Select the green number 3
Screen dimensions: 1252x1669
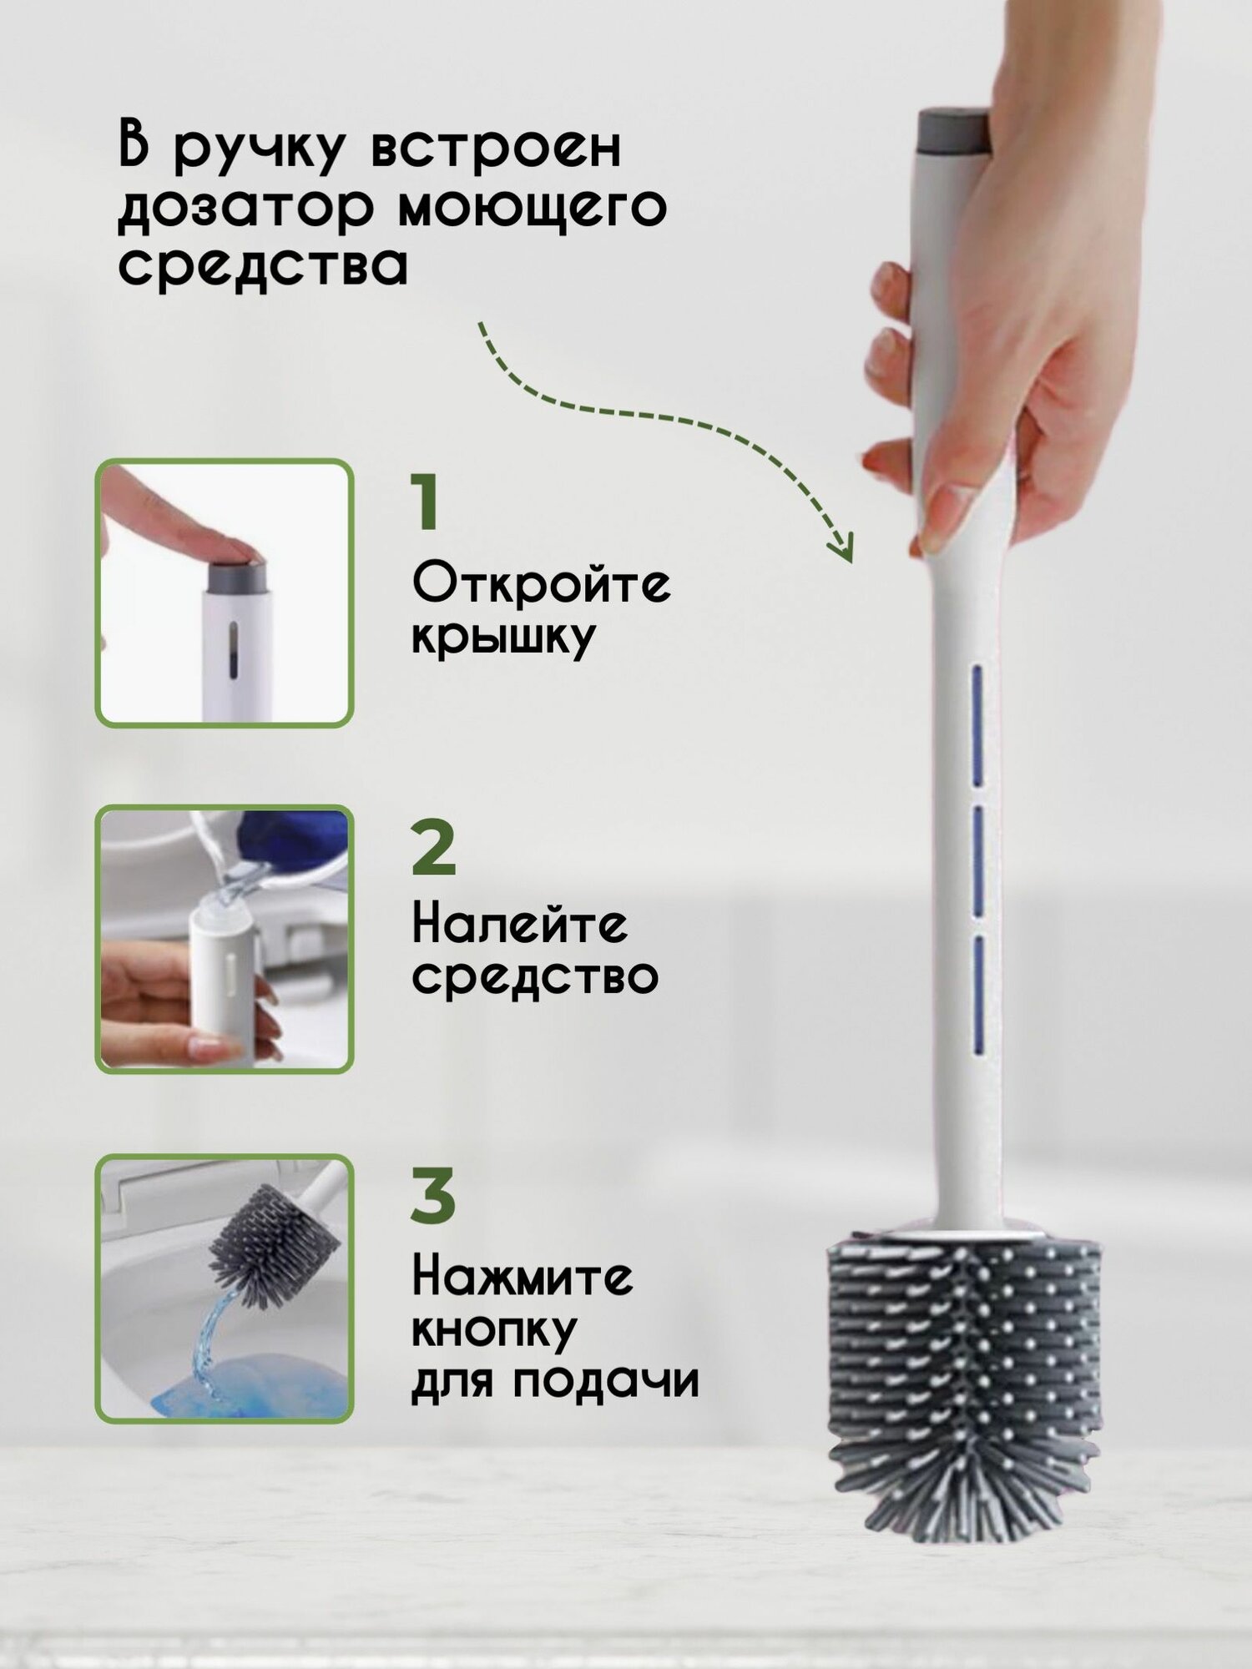tap(433, 1196)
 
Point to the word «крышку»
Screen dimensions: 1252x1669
tap(503, 638)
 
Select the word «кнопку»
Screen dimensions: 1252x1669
tap(494, 1331)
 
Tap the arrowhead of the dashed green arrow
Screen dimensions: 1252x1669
tap(841, 547)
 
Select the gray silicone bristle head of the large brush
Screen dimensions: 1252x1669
tap(964, 1369)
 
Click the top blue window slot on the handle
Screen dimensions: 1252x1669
tap(976, 724)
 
